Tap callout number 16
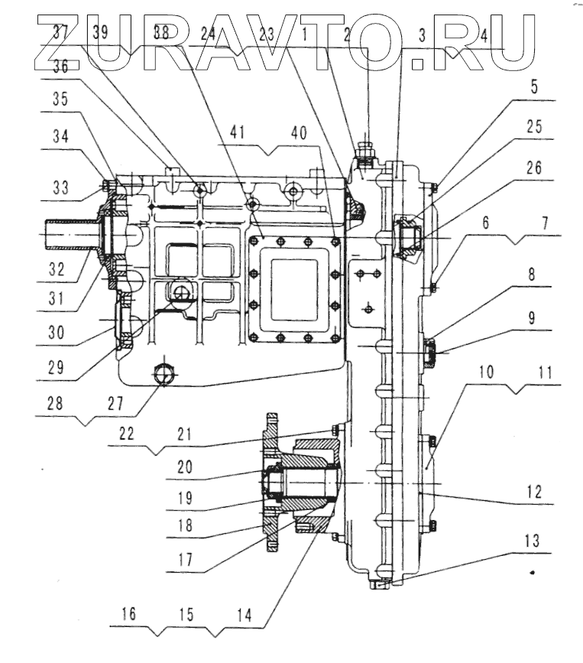tap(129, 615)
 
